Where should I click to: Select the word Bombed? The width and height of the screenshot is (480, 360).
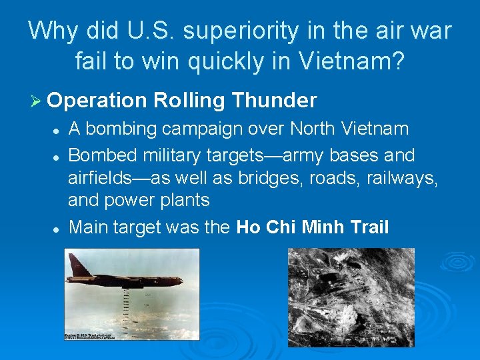point(102,155)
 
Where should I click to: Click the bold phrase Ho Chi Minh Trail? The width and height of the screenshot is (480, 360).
point(313,227)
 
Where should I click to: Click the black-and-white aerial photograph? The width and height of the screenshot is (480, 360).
point(351,297)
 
